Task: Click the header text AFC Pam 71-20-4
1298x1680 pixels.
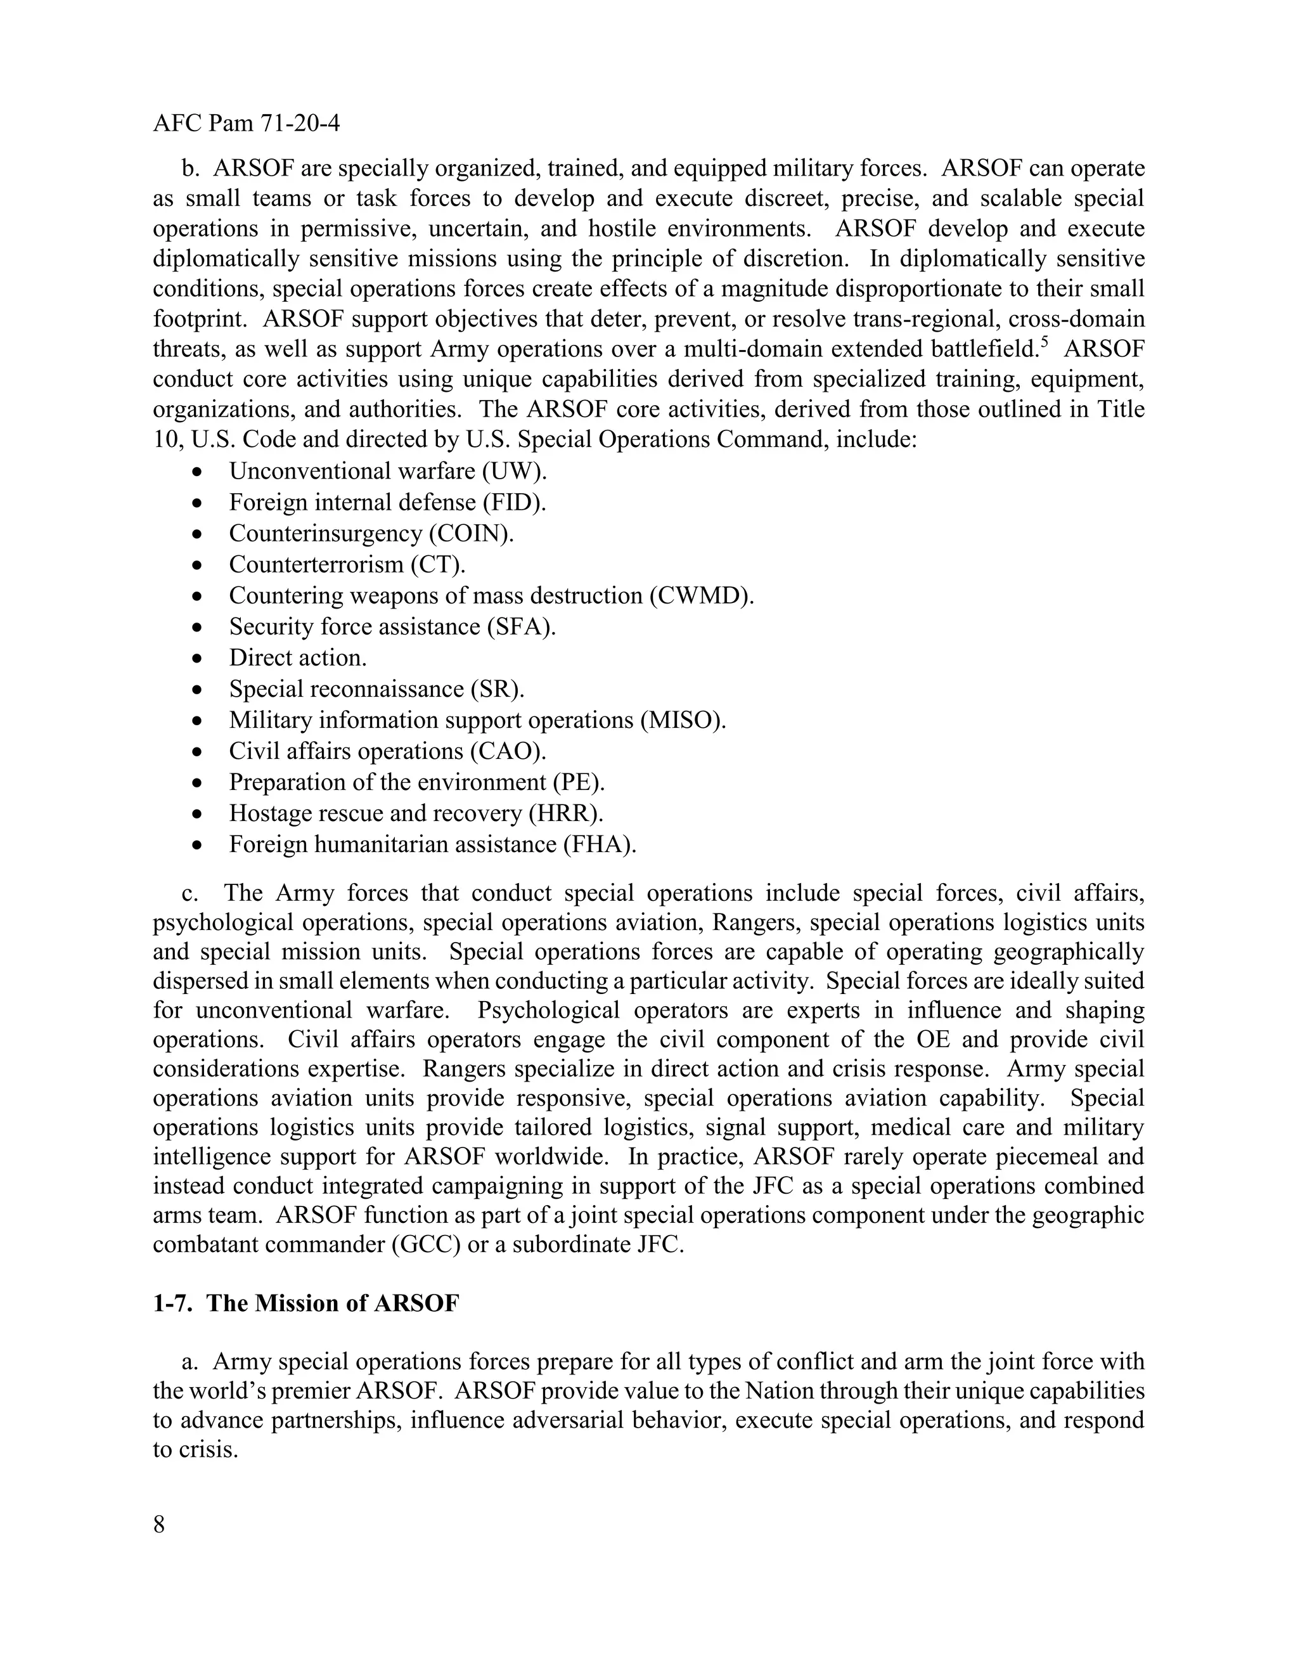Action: [246, 123]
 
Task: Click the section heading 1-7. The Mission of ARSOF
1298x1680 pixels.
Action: [306, 1303]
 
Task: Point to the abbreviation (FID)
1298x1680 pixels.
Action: [515, 502]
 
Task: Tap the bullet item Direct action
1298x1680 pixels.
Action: [298, 657]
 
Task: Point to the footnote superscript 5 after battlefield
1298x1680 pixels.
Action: [1043, 342]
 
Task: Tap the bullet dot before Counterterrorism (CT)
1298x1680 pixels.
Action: [198, 565]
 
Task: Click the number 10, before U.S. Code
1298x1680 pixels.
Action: [166, 439]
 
